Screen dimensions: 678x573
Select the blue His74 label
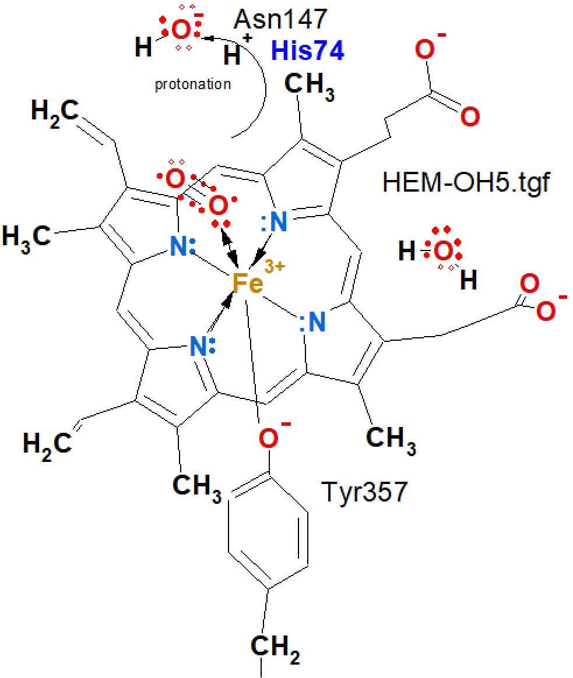tap(307, 52)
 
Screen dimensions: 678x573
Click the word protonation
tap(192, 84)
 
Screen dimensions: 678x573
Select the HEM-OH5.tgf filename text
tap(466, 182)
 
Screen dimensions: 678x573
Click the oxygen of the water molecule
tap(443, 252)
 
